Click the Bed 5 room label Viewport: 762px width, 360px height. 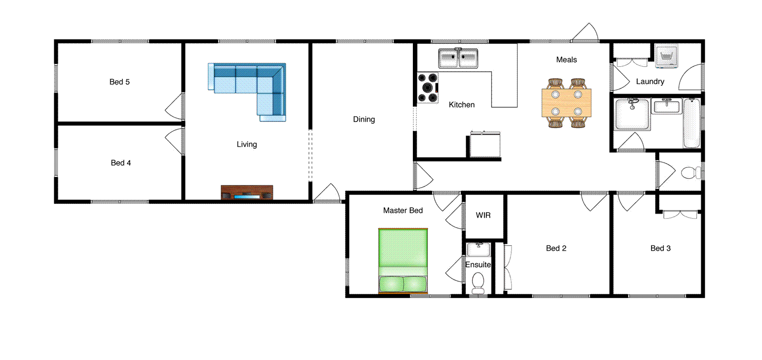coord(120,82)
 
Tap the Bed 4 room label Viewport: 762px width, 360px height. coord(120,163)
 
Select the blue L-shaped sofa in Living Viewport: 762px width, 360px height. coord(248,81)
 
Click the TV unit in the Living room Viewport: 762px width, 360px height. coord(247,192)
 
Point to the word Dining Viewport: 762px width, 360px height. coord(364,120)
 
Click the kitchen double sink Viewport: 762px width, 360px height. coord(458,58)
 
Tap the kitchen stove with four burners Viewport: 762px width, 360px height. coord(428,88)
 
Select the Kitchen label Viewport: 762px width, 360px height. coord(461,105)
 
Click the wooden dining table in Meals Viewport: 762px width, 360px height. coord(566,103)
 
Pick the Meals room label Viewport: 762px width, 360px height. coord(566,60)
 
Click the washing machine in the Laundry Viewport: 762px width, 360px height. coord(667,57)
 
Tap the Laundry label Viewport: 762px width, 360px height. coord(650,81)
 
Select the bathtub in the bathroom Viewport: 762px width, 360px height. coord(692,123)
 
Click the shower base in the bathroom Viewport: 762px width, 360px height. coord(632,115)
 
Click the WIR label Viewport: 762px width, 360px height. coord(483,215)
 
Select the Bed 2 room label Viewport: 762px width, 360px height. coord(556,248)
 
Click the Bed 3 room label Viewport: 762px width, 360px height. coord(660,248)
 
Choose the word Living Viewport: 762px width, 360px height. coord(247,144)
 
